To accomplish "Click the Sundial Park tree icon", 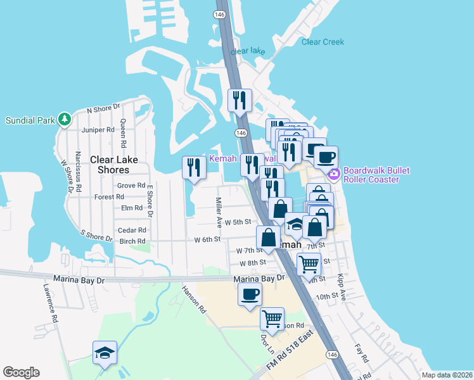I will pyautogui.click(x=64, y=120).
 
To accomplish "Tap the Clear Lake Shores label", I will pyautogui.click(x=110, y=165).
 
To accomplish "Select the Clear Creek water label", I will pyautogui.click(x=323, y=42).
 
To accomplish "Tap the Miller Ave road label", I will pyautogui.click(x=219, y=209).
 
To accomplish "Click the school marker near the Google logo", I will pyautogui.click(x=105, y=353).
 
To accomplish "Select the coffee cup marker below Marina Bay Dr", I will pyautogui.click(x=250, y=294).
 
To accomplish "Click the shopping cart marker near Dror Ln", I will pyautogui.click(x=272, y=319).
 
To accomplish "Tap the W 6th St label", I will pyautogui.click(x=207, y=239).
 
